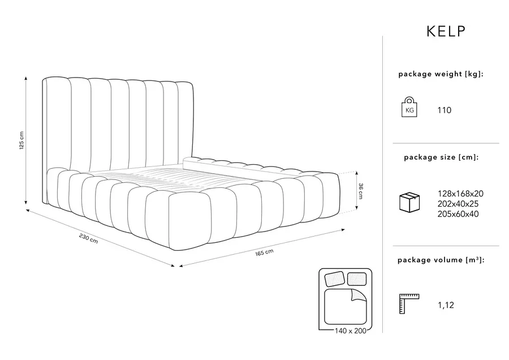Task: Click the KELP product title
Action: tap(446, 31)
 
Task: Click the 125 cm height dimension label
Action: tap(21, 140)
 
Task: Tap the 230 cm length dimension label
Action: tap(88, 238)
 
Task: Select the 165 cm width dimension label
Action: tap(264, 252)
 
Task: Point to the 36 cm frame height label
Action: tap(361, 191)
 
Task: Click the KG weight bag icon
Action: tap(409, 107)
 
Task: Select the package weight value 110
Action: tap(444, 110)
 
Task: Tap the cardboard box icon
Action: tap(409, 202)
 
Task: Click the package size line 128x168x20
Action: tap(460, 194)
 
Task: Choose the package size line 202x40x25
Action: tap(458, 204)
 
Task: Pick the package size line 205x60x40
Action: tap(458, 214)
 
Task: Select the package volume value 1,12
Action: tap(446, 305)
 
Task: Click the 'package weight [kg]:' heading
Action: tap(441, 74)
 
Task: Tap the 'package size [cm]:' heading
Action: tap(441, 157)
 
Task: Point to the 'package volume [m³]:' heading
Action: tap(441, 260)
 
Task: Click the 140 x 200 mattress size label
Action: tap(350, 331)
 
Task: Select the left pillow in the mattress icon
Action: tap(334, 279)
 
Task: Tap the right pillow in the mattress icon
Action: tap(357, 278)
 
